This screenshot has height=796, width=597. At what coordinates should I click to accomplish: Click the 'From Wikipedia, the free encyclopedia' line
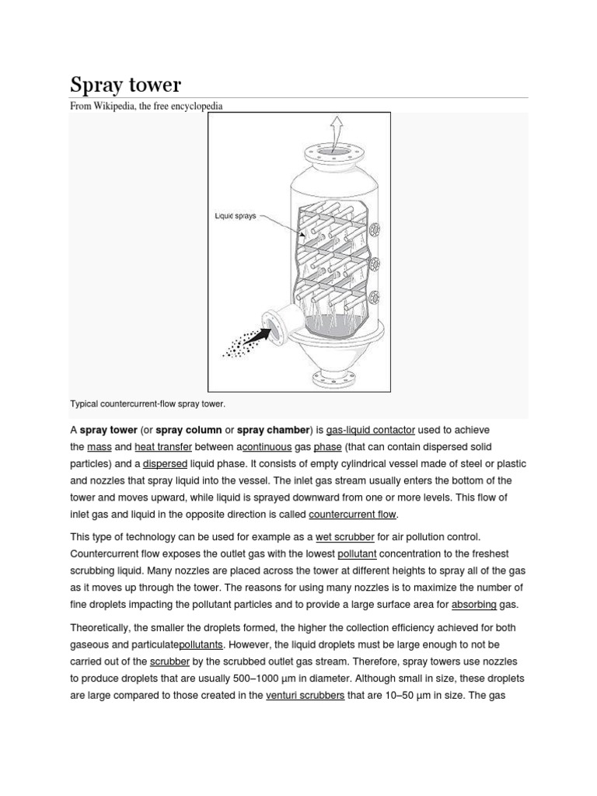[x=147, y=106]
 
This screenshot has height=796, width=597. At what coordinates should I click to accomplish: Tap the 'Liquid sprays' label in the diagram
[x=236, y=216]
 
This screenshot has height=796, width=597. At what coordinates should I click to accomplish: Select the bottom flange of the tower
[x=336, y=379]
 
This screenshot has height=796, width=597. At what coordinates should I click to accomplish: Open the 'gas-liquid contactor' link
[x=371, y=430]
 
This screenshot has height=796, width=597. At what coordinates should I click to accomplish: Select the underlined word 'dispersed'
[x=165, y=464]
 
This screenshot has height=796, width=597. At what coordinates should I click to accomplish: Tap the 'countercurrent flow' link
[x=353, y=515]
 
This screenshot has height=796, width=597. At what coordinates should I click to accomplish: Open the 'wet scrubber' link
[x=345, y=537]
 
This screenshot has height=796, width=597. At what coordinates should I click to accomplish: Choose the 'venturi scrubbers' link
[x=305, y=696]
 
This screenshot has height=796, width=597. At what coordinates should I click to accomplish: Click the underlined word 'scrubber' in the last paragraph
[x=169, y=662]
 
